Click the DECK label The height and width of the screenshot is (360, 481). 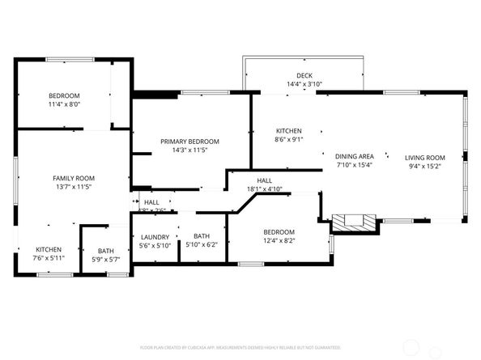[304, 74]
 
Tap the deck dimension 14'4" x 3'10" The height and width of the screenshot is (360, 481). [304, 84]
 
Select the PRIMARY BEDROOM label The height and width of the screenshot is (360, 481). [189, 142]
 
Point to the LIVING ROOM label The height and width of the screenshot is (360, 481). [425, 157]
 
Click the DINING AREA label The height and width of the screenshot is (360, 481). [354, 156]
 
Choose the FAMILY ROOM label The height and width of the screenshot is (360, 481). [74, 178]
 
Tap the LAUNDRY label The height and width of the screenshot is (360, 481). [155, 237]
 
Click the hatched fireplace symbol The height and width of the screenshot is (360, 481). [355, 220]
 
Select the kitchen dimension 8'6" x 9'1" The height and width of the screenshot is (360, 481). [288, 140]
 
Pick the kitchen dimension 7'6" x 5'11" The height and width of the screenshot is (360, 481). [48, 258]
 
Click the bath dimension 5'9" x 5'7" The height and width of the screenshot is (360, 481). [106, 260]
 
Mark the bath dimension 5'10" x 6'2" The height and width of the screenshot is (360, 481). [202, 245]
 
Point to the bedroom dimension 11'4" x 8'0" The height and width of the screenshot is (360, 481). [64, 104]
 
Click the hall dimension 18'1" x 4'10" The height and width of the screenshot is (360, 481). [265, 189]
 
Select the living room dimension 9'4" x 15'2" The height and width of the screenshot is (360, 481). [425, 166]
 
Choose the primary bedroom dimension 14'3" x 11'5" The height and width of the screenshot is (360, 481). [189, 150]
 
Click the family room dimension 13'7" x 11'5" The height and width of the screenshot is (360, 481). [74, 187]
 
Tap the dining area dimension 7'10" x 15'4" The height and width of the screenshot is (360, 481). [354, 165]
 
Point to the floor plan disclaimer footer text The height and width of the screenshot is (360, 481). [240, 347]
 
